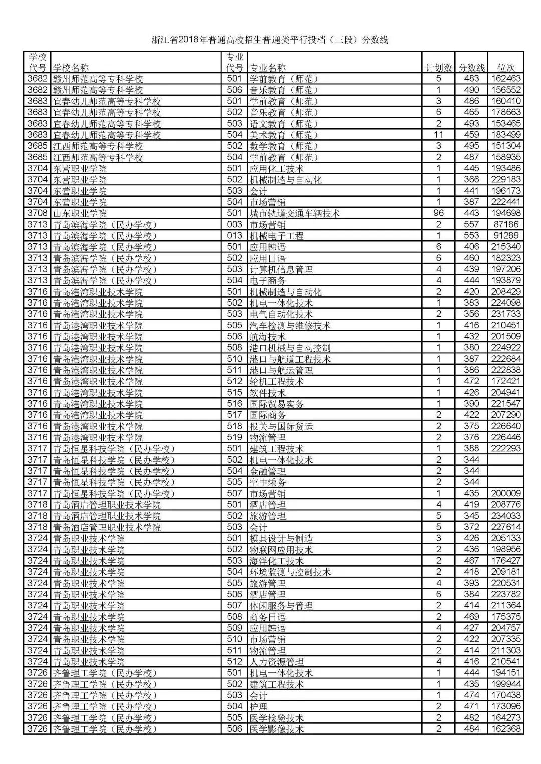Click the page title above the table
[x=270, y=40]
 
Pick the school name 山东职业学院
[x=80, y=213]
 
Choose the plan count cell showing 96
[x=438, y=213]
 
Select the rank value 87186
[x=506, y=224]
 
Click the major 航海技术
[x=267, y=337]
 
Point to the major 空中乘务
[x=267, y=482]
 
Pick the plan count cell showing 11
[x=438, y=135]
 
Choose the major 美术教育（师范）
[x=284, y=135]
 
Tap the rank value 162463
[x=506, y=79]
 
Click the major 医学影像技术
[x=277, y=729]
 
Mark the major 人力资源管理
[x=277, y=662]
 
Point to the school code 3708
[x=37, y=213]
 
